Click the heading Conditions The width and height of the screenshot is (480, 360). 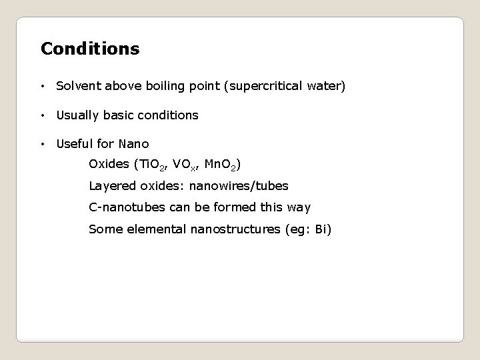[x=90, y=49]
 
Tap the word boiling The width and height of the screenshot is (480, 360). [x=159, y=87]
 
